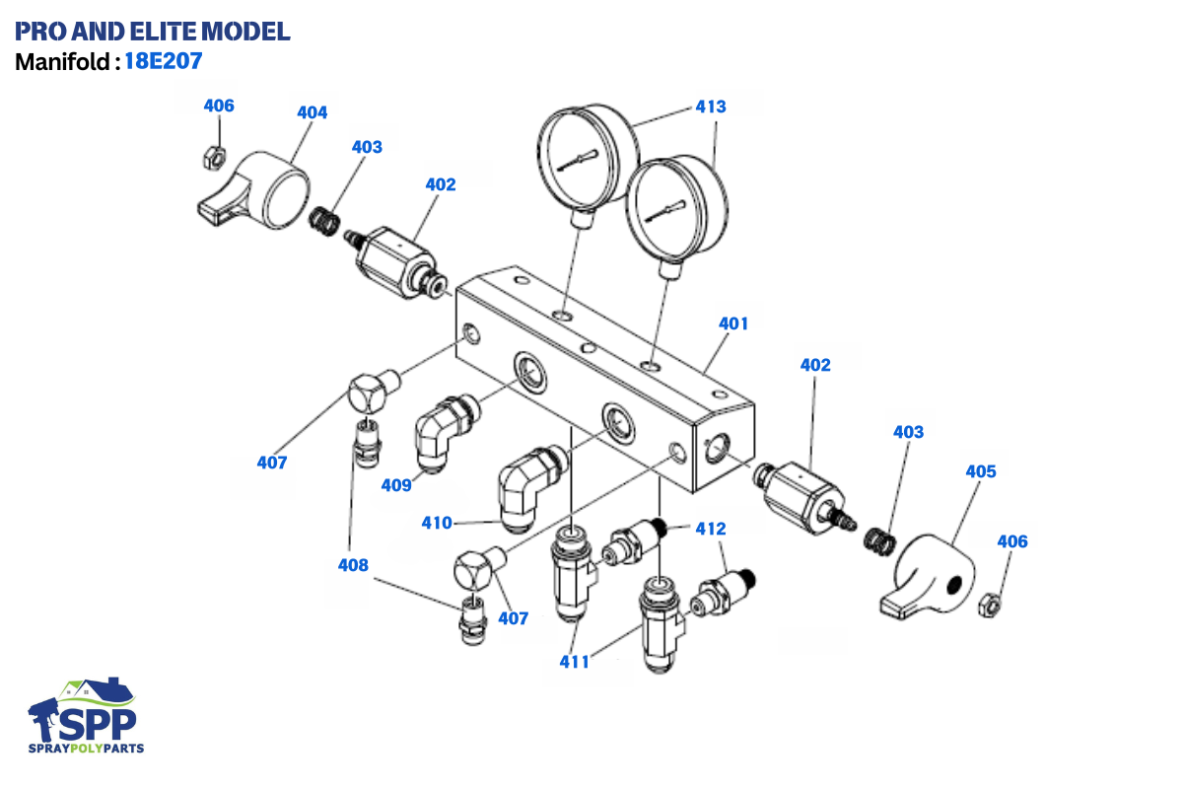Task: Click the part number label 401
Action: pos(733,323)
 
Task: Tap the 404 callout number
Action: pos(313,112)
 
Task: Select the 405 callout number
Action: pos(981,471)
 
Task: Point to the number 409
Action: pos(396,484)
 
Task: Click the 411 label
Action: pos(574,661)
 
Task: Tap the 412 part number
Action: pos(711,529)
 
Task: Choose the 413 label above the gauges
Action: pos(711,107)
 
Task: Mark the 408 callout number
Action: pos(353,565)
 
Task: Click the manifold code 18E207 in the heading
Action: pos(163,61)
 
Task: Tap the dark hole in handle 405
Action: pos(953,586)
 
